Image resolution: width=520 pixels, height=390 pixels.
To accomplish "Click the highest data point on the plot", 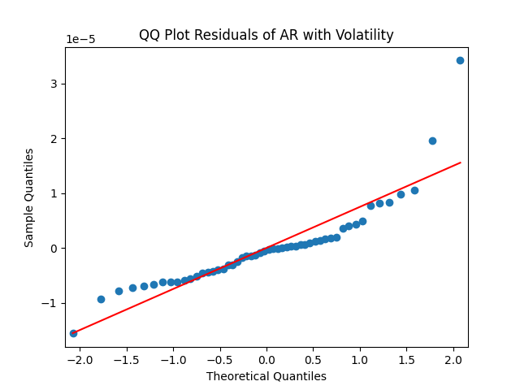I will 460,60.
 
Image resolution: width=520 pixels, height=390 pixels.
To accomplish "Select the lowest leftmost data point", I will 73,333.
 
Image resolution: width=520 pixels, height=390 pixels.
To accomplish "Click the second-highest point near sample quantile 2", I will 432,141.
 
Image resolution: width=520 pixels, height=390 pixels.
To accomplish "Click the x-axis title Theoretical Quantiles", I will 266,376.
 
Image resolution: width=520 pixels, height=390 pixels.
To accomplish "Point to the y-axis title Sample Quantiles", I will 29,197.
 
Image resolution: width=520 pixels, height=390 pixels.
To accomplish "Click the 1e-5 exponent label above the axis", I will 82,40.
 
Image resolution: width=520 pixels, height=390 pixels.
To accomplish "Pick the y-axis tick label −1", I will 52,303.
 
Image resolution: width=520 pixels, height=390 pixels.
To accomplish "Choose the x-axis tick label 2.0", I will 453,359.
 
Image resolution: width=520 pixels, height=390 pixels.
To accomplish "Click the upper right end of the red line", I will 460,162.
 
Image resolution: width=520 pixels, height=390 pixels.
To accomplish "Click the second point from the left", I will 101,299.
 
